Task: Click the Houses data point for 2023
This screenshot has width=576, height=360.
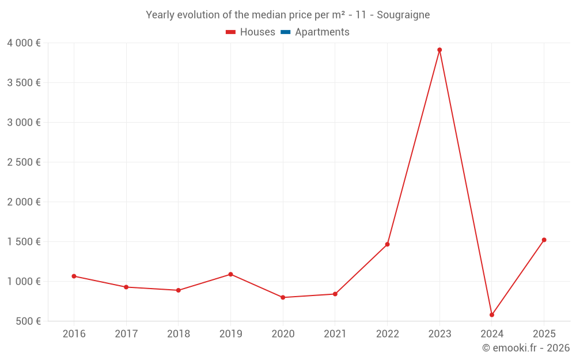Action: pos(439,50)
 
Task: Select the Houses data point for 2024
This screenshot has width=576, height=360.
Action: pos(492,315)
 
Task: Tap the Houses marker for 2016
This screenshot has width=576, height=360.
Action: pos(74,276)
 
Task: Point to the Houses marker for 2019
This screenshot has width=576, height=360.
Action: pos(230,274)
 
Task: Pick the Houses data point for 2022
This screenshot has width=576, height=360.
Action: pos(387,244)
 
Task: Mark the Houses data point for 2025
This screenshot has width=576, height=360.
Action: pos(544,240)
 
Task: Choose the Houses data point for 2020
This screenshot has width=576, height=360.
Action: pos(283,298)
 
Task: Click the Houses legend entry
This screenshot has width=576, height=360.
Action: pos(251,32)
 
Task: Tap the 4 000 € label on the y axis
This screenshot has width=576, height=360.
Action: pos(24,43)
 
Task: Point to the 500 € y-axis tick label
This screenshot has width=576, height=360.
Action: pos(28,321)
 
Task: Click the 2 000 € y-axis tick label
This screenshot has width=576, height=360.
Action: pos(24,202)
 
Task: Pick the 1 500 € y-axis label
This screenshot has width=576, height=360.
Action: pos(24,242)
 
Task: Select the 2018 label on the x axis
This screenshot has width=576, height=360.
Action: pos(178,334)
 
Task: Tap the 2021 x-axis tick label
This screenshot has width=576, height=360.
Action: pos(335,334)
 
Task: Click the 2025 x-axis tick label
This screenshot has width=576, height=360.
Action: pos(544,334)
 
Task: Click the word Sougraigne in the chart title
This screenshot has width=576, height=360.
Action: pos(403,15)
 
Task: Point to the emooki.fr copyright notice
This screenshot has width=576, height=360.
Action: pos(526,348)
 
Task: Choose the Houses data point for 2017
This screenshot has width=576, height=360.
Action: pos(126,287)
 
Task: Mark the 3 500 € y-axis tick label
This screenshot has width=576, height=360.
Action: pos(24,83)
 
